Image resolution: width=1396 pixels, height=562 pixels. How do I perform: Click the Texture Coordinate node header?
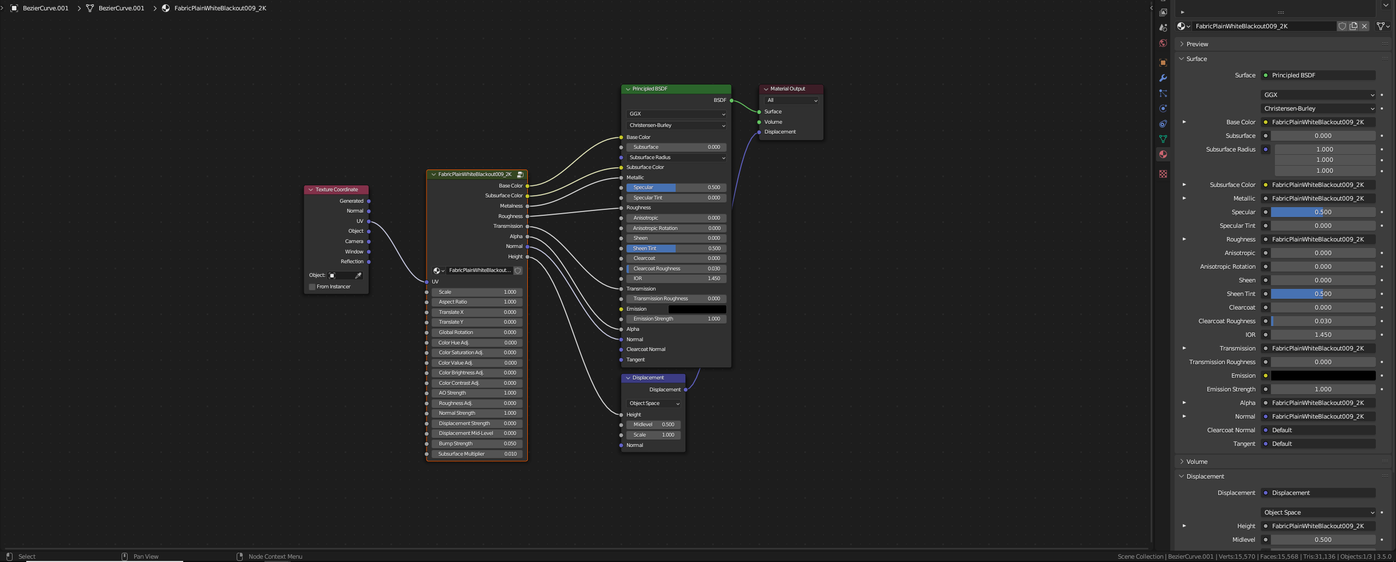point(336,190)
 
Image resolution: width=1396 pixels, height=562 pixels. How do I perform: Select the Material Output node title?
point(787,89)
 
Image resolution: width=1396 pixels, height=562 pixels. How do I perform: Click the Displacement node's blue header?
point(648,378)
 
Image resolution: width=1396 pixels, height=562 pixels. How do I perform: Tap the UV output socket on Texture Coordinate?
point(369,221)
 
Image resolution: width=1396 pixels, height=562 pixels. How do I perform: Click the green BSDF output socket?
point(732,100)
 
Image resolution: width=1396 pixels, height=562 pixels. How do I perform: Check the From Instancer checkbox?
point(312,287)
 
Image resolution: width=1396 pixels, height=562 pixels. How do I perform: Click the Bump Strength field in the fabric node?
point(477,444)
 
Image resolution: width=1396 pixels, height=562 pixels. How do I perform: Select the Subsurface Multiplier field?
point(477,454)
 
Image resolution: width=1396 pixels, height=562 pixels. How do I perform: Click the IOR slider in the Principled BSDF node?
point(676,279)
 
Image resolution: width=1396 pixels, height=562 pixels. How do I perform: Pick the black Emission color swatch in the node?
point(697,309)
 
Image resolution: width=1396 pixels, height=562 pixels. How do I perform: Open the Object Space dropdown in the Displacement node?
point(654,403)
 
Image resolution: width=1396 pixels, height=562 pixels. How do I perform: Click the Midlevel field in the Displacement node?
point(653,425)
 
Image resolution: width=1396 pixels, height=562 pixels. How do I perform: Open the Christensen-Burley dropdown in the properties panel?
point(1317,108)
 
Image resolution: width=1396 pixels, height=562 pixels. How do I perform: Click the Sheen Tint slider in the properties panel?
point(1323,294)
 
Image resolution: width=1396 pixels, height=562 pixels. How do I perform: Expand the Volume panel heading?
point(1197,462)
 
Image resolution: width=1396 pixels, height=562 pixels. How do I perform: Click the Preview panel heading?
point(1197,44)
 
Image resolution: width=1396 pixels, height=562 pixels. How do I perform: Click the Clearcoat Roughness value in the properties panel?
point(1323,321)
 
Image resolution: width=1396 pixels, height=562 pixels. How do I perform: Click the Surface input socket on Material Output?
point(759,112)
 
